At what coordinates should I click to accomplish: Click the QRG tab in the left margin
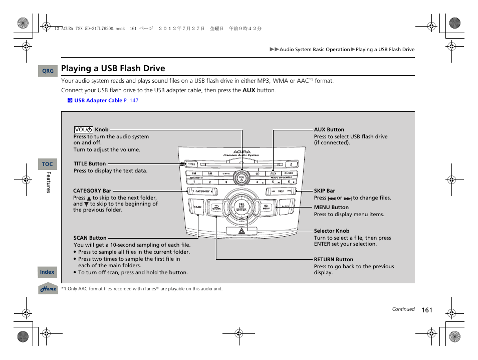pyautogui.click(x=48, y=71)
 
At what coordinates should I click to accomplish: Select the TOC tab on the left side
pyautogui.click(x=47, y=164)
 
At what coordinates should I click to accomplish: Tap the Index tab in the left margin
pyautogui.click(x=47, y=272)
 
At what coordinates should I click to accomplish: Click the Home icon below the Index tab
pyautogui.click(x=48, y=289)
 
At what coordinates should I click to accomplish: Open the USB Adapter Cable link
pyautogui.click(x=98, y=100)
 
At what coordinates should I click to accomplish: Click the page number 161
pyautogui.click(x=426, y=310)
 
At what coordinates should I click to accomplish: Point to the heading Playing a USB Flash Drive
pyautogui.click(x=113, y=68)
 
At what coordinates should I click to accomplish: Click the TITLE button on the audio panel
pyautogui.click(x=191, y=164)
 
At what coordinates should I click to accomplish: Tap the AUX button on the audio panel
pyautogui.click(x=273, y=173)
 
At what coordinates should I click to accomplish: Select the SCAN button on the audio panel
pyautogui.click(x=197, y=207)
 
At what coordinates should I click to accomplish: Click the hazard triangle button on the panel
pyautogui.click(x=241, y=231)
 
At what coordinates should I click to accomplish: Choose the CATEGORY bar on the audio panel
pyautogui.click(x=202, y=191)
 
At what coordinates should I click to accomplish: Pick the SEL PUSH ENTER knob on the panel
pyautogui.click(x=241, y=207)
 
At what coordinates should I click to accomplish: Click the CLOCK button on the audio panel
pyautogui.click(x=289, y=173)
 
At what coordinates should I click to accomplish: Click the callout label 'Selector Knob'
pyautogui.click(x=331, y=231)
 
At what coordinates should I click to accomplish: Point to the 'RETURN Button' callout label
pyautogui.click(x=333, y=260)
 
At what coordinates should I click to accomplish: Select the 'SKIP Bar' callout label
pyautogui.click(x=324, y=191)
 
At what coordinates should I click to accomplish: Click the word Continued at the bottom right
pyautogui.click(x=403, y=309)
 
